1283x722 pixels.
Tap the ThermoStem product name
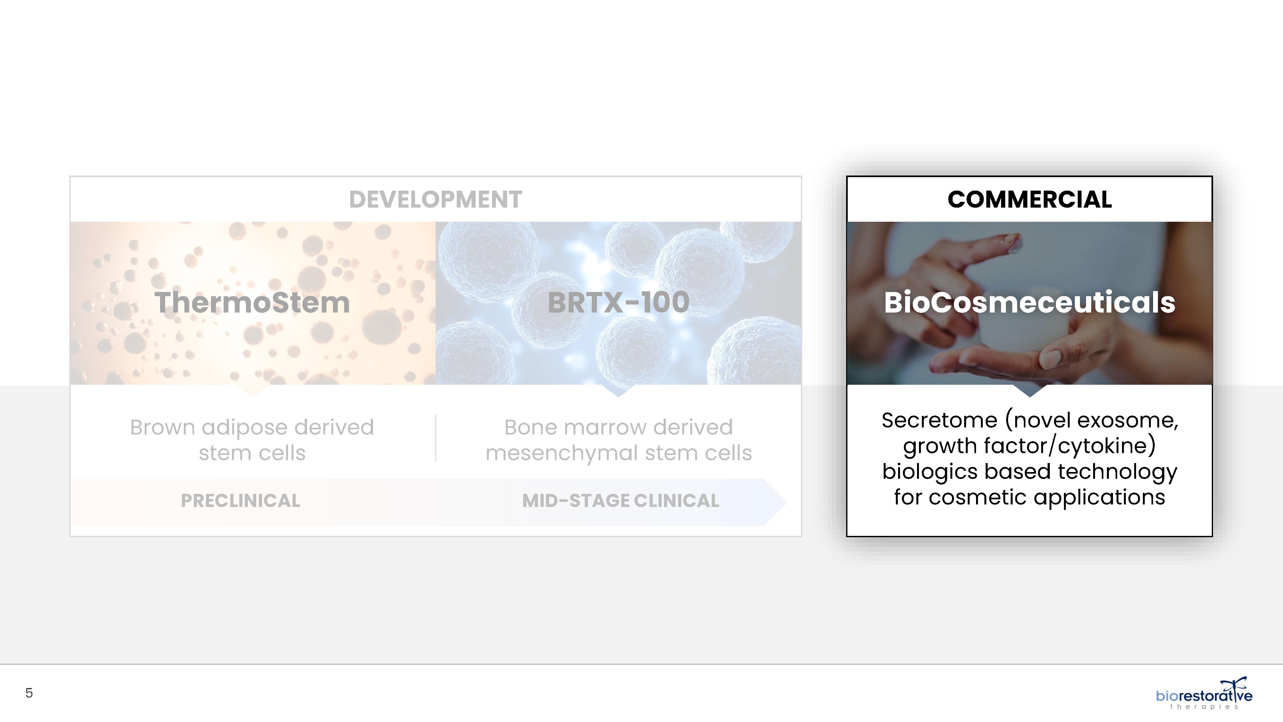252,303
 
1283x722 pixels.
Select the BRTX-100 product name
619,303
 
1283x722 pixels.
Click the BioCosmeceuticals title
1030,303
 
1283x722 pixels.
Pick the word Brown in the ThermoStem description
162,427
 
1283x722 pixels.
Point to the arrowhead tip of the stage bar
786,502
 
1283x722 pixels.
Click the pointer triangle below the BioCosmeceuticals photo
1030,390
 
